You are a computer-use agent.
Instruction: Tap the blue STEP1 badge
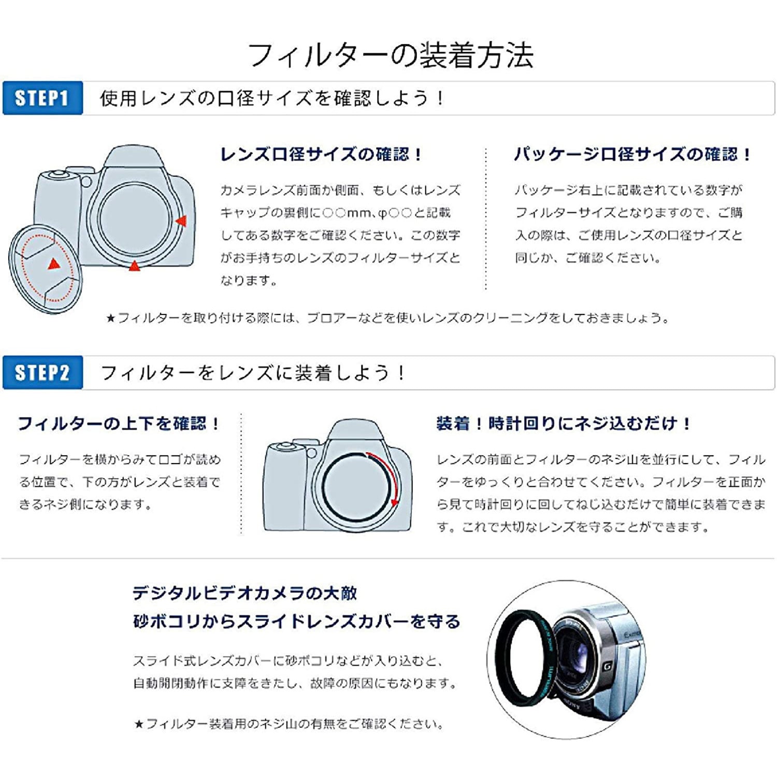click(42, 98)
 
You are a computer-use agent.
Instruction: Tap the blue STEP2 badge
click(42, 372)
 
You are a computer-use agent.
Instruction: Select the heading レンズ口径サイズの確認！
click(321, 154)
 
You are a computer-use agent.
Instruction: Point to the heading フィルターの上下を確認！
click(119, 424)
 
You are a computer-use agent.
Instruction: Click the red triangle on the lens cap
click(53, 264)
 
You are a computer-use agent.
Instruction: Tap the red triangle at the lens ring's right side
click(181, 221)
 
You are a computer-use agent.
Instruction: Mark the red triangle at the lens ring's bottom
click(134, 266)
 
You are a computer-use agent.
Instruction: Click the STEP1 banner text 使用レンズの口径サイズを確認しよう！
click(272, 98)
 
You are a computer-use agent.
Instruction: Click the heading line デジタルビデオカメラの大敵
click(244, 593)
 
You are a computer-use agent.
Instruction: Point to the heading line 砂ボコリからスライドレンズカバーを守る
click(296, 621)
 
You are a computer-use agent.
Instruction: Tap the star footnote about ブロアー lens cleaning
click(387, 318)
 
